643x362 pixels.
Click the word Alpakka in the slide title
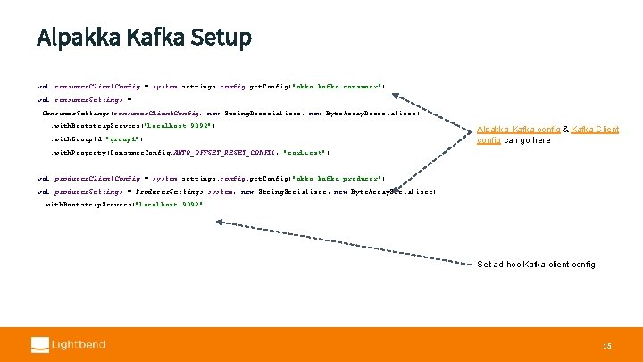pyautogui.click(x=67, y=38)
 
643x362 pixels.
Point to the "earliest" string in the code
pyautogui.click(x=308, y=153)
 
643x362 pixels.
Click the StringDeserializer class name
pyautogui.click(x=265, y=113)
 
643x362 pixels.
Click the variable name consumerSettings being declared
pyautogui.click(x=88, y=100)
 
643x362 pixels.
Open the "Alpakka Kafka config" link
pyautogui.click(x=518, y=130)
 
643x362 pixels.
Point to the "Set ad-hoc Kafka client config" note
pyautogui.click(x=536, y=265)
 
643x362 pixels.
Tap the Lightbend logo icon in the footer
pyautogui.click(x=40, y=344)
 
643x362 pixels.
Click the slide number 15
pyautogui.click(x=606, y=345)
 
